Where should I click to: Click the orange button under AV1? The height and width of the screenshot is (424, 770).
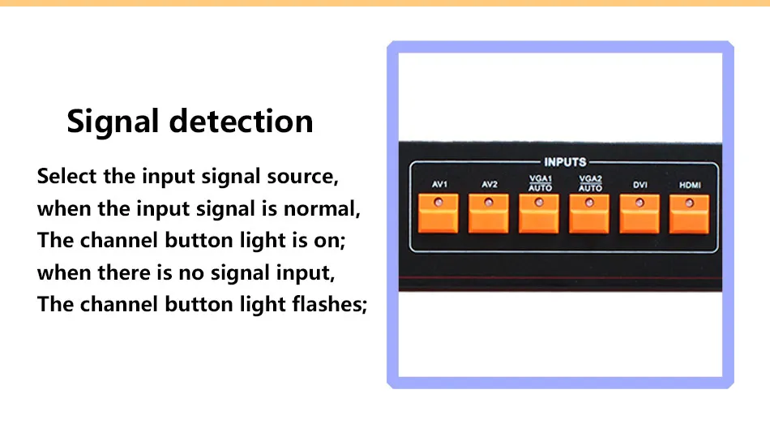[x=438, y=213]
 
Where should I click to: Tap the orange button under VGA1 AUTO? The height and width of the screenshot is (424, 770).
[x=539, y=214]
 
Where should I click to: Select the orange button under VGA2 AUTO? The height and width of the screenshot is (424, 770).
[x=588, y=214]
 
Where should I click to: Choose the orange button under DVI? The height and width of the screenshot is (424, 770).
[x=639, y=214]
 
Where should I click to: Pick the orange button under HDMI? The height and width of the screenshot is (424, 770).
[x=689, y=214]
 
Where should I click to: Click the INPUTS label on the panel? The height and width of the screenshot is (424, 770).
[x=565, y=162]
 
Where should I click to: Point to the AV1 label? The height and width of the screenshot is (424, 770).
[x=439, y=185]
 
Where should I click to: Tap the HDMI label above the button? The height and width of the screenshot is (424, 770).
[x=690, y=185]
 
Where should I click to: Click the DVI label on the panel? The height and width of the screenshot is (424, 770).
[x=640, y=185]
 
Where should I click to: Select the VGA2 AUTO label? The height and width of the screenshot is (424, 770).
[x=590, y=183]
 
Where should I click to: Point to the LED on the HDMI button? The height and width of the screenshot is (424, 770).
[x=690, y=203]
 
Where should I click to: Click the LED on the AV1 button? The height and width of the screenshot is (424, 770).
[x=438, y=202]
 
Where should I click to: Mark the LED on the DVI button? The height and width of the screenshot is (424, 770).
[x=640, y=203]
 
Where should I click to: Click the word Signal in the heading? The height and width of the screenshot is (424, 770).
[x=113, y=122]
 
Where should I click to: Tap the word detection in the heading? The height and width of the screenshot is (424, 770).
[x=241, y=122]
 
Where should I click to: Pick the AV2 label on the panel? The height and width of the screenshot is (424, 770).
[x=490, y=185]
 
